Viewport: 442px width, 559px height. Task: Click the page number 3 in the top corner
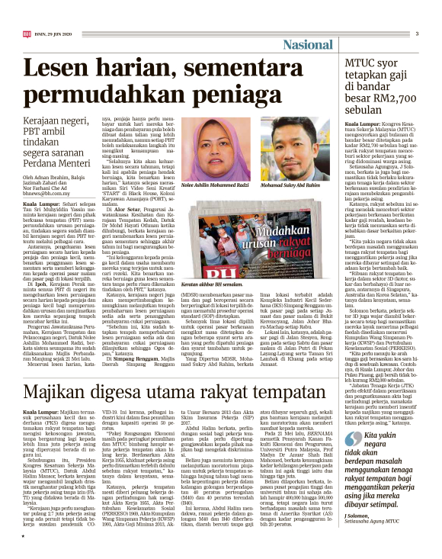click(x=417, y=34)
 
